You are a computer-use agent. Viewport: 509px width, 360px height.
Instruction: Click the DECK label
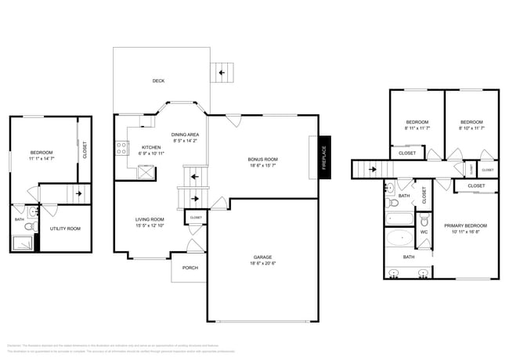point(157,81)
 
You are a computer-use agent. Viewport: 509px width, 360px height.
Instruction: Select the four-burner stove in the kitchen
point(123,146)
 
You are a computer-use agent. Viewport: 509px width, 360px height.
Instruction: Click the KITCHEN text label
point(150,147)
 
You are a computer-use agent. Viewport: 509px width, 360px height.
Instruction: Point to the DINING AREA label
point(185,135)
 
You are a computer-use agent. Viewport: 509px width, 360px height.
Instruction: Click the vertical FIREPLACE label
point(323,154)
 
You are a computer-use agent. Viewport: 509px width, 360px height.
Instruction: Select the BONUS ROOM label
point(262,159)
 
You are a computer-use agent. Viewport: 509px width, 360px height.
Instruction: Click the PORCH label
point(190,268)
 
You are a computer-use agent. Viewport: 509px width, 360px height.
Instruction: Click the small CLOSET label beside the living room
point(195,218)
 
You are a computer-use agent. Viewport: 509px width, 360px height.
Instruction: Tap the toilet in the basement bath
point(28,227)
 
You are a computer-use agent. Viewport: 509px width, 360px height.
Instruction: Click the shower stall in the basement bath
point(22,243)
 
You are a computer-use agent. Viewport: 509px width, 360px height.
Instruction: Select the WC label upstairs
point(423,232)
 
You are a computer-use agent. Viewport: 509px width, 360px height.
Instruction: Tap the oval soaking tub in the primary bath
point(401,238)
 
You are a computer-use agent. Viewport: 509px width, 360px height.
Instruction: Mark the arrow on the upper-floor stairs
point(372,167)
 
